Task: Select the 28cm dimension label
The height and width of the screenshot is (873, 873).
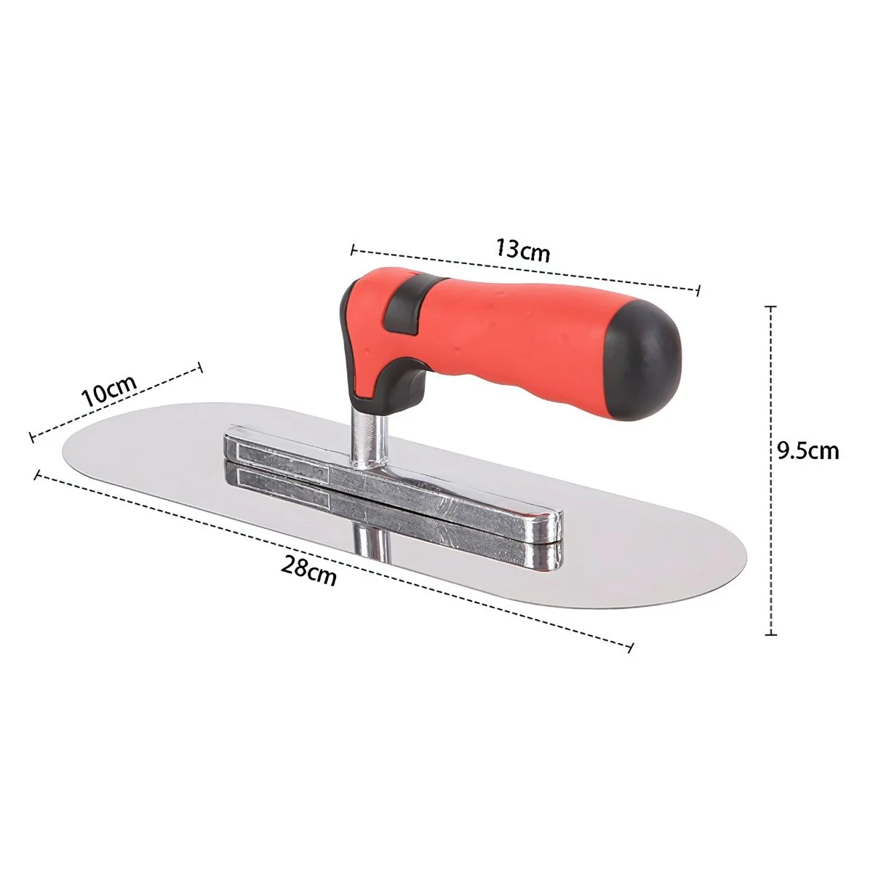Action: pos(309,571)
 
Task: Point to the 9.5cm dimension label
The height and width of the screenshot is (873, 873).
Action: pos(808,451)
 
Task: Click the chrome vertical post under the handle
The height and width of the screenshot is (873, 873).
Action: pos(371,439)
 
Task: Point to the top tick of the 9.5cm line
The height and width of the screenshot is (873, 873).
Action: pos(770,307)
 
